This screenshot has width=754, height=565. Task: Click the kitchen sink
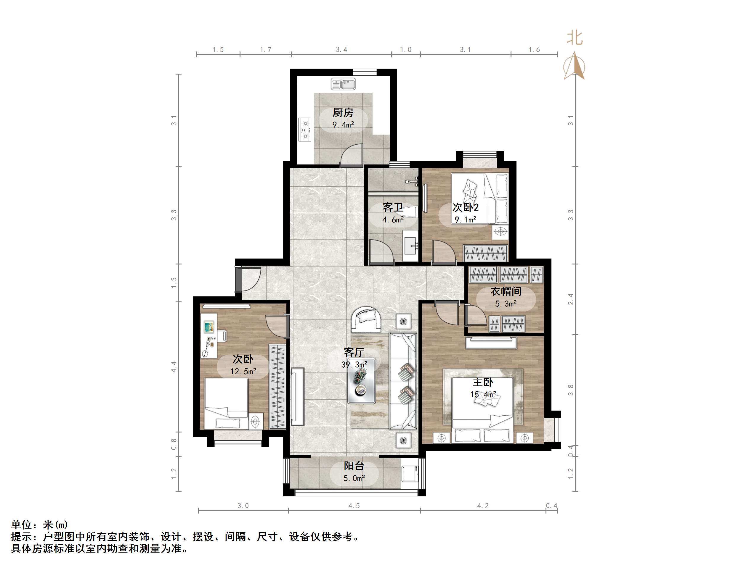343,84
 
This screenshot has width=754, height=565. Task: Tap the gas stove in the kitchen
305,129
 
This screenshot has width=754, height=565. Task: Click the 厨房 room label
343,113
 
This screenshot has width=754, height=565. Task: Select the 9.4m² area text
343,125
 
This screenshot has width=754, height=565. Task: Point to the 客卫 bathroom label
393,207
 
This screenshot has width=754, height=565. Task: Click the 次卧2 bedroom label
465,207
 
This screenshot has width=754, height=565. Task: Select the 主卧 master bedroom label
483,382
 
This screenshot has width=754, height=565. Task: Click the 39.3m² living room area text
354,365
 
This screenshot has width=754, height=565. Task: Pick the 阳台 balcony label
354,466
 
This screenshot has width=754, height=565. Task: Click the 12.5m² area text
243,371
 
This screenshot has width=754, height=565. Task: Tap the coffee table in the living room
362,381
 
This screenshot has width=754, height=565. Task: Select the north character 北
575,38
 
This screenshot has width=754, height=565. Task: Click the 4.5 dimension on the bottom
354,506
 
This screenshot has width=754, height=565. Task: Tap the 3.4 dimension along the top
341,50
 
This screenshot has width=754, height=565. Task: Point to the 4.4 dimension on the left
174,367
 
